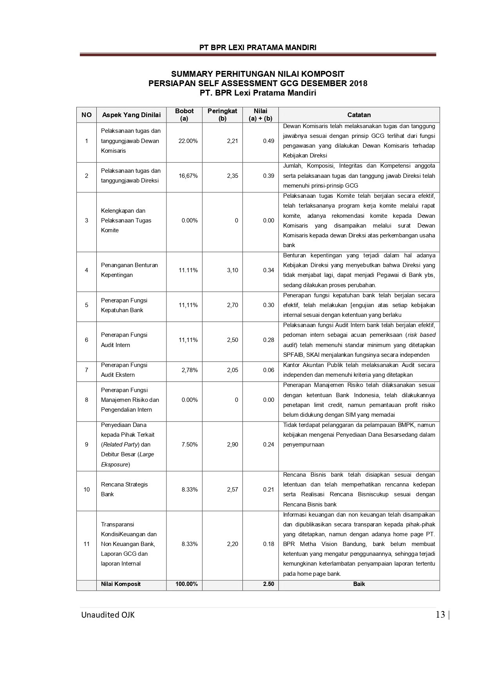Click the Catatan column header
coord(359,115)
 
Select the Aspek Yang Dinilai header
coord(131,115)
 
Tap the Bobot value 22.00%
coord(188,141)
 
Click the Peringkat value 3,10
coord(232,270)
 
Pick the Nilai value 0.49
coord(268,141)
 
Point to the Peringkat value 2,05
coord(232,370)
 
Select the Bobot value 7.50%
coord(190,445)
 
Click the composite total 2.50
coord(268,584)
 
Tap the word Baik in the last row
coord(359,584)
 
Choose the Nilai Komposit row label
coord(121,584)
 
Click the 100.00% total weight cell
coord(186,584)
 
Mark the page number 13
coord(440,615)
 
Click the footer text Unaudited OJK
coord(108,615)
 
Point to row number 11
coord(87,544)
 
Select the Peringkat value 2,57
coord(232,490)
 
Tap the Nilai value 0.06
coord(268,370)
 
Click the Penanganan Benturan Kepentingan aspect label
coord(129,270)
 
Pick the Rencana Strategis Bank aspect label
coord(124,489)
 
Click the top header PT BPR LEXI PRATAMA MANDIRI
coord(258,47)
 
